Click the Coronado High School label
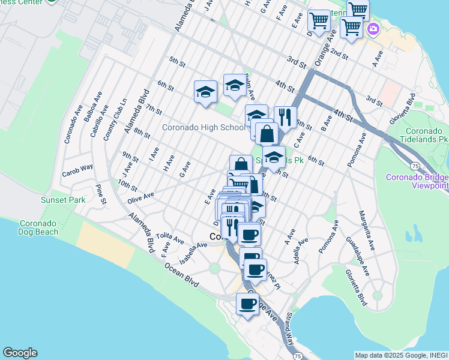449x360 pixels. [x=203, y=127]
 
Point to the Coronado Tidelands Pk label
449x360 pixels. [x=426, y=135]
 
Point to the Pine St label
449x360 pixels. [x=100, y=194]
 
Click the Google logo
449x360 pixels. [x=20, y=353]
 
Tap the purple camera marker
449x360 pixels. [x=373, y=28]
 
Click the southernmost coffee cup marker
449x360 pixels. [x=247, y=304]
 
